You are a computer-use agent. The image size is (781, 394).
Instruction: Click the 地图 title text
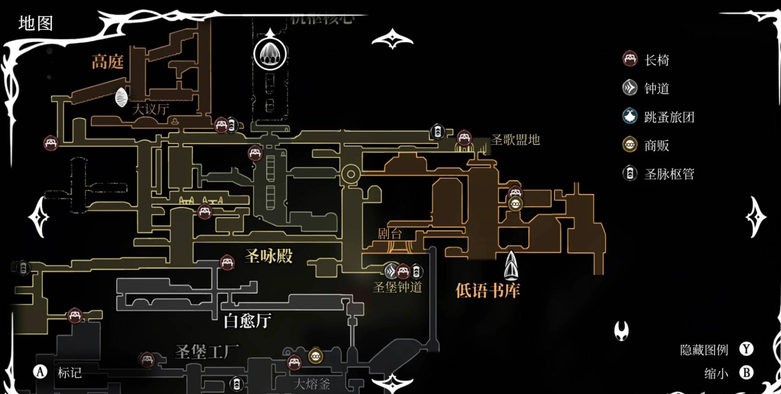[x=36, y=23]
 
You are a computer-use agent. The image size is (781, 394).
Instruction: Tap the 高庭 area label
[x=107, y=61]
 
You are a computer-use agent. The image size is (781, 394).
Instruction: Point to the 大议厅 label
[x=151, y=109]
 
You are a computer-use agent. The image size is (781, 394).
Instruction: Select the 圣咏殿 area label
[x=268, y=256]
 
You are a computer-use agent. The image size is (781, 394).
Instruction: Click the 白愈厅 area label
[x=247, y=321]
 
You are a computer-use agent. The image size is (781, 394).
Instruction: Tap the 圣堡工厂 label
[x=207, y=352]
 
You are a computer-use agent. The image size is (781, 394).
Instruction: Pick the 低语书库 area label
[x=487, y=290]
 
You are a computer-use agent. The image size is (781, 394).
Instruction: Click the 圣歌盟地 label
[x=515, y=139]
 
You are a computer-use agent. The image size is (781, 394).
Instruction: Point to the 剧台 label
[x=390, y=233]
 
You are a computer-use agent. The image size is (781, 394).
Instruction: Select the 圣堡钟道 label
[x=397, y=288]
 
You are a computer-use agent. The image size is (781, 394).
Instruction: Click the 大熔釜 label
[x=312, y=383]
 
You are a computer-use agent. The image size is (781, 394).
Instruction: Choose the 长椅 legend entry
[x=656, y=60]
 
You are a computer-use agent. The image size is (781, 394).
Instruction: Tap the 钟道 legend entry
[x=656, y=88]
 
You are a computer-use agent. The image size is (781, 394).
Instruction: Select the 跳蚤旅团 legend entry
[x=669, y=117]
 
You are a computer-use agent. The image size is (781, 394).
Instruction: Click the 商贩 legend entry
[x=656, y=145]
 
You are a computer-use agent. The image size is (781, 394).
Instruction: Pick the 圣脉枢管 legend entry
[x=669, y=174]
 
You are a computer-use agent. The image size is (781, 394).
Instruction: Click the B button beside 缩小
[x=747, y=372]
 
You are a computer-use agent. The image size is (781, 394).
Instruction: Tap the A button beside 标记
[x=40, y=372]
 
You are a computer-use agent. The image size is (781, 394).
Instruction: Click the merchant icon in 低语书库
[x=515, y=204]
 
